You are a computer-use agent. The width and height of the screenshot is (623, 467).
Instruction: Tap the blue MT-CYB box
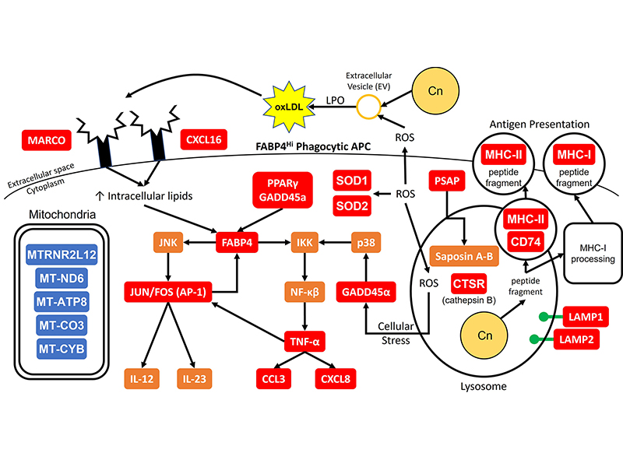tap(62, 345)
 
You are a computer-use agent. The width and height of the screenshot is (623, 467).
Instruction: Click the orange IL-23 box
tap(192, 379)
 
